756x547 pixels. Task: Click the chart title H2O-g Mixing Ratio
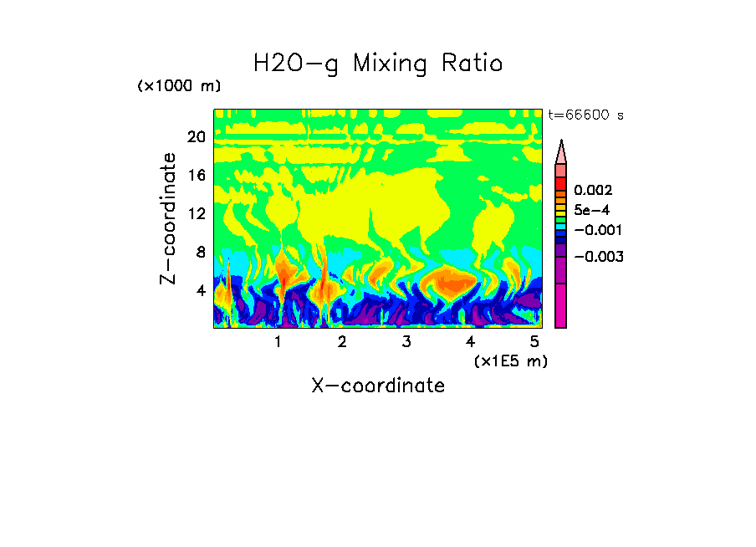[x=378, y=64]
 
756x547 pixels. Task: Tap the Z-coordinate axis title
[x=169, y=218]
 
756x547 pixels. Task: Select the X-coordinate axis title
[x=378, y=386]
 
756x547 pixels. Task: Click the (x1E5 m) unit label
[x=510, y=360]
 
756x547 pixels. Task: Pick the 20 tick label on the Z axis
[x=196, y=137]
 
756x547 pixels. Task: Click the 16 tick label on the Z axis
[x=196, y=176]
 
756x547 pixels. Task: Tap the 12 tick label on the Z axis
[x=196, y=213]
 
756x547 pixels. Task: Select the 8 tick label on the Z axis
[x=200, y=252]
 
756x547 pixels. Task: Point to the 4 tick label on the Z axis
[x=200, y=290]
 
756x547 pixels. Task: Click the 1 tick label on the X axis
[x=278, y=341]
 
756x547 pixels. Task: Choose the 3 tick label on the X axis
[x=406, y=341]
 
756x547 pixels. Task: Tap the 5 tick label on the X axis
[x=535, y=341]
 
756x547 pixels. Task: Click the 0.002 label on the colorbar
[x=592, y=192]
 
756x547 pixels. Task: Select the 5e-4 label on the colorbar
[x=592, y=211]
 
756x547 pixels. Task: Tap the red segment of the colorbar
[x=561, y=184]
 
